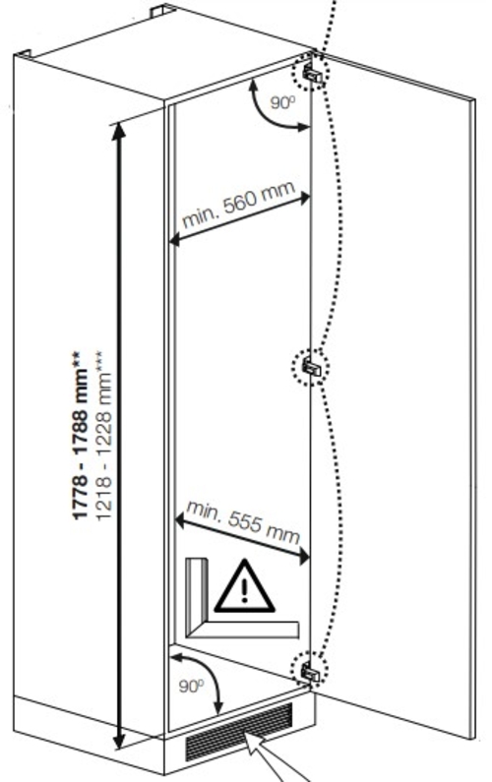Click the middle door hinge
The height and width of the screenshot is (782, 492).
coord(312,368)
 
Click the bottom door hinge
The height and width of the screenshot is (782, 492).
coord(310,672)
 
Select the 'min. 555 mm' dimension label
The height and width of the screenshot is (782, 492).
coord(243,522)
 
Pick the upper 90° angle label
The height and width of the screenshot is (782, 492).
coord(283,102)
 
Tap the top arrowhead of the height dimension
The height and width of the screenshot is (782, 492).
coord(119,131)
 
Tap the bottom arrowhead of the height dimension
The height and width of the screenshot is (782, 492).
coord(118,740)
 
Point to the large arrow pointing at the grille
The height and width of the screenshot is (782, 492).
coord(277,757)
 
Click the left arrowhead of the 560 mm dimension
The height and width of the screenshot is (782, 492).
coord(174,241)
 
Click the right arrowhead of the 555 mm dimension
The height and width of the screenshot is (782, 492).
coord(304,557)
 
